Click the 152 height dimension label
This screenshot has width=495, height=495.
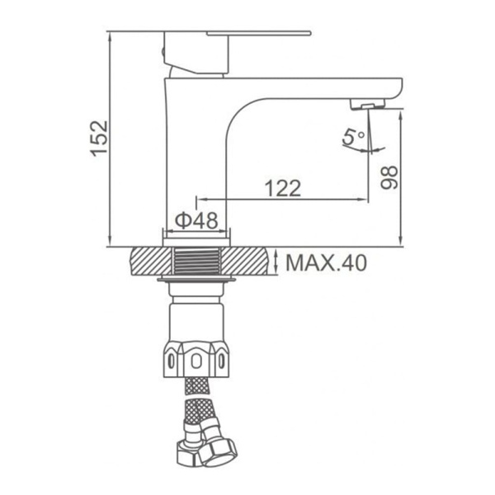pyautogui.click(x=100, y=138)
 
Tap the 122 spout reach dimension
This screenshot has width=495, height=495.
pyautogui.click(x=283, y=188)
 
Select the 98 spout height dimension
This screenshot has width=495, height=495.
pyautogui.click(x=389, y=177)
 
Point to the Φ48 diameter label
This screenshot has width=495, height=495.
pyautogui.click(x=196, y=220)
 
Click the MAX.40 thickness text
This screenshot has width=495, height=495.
pyautogui.click(x=327, y=262)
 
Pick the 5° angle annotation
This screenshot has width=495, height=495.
pyautogui.click(x=354, y=137)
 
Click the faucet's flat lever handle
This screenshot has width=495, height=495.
pyautogui.click(x=259, y=33)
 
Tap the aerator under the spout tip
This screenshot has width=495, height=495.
pyautogui.click(x=368, y=104)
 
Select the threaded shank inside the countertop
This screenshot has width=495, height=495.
pyautogui.click(x=196, y=261)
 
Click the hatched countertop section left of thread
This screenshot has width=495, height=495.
pyautogui.click(x=152, y=261)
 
